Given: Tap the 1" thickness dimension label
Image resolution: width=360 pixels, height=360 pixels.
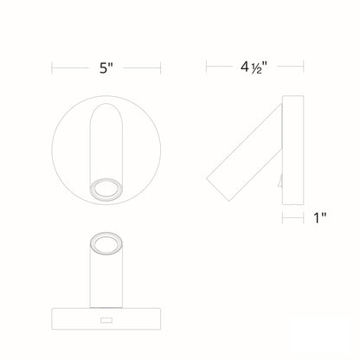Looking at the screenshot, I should tap(319, 219).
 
